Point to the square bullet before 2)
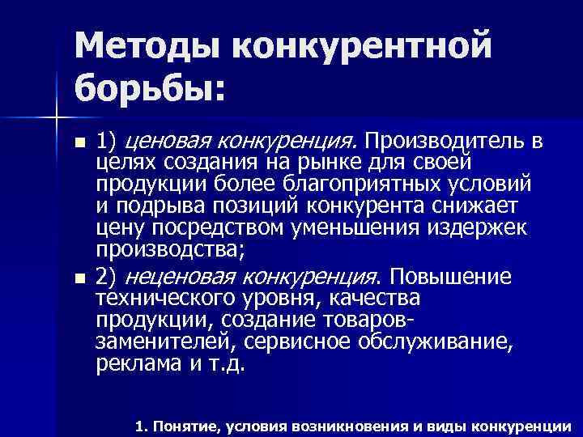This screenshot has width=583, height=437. point(78,278)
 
